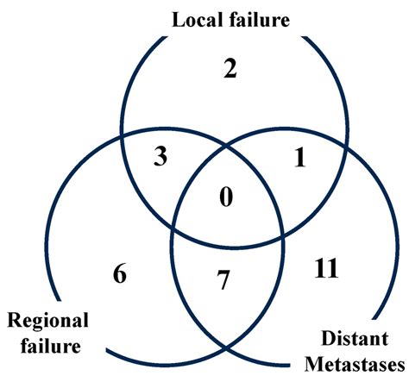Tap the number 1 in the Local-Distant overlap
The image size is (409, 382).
point(300,160)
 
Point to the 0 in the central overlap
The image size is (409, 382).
point(226,198)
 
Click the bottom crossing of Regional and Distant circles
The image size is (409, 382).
point(228,348)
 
